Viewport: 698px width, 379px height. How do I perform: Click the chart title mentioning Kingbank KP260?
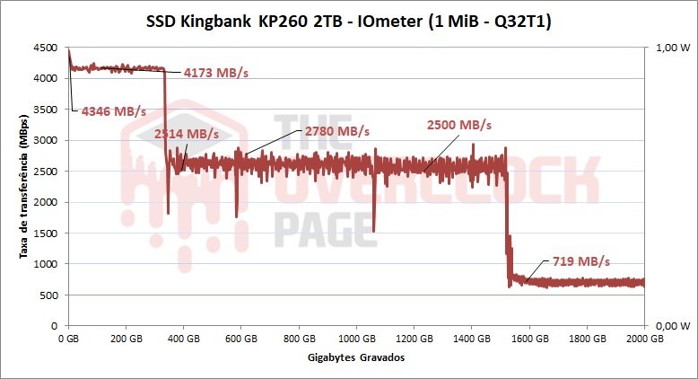(x=348, y=21)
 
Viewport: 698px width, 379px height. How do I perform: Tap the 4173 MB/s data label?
(x=215, y=72)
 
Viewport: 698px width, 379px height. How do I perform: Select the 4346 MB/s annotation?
(x=113, y=111)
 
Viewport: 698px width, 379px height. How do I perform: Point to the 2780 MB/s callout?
(x=337, y=131)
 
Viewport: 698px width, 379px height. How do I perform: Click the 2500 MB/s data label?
(x=459, y=124)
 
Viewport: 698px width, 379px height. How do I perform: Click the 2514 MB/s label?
(x=187, y=133)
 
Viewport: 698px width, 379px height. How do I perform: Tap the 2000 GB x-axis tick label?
(x=644, y=339)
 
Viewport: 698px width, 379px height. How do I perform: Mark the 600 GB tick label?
(x=241, y=339)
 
